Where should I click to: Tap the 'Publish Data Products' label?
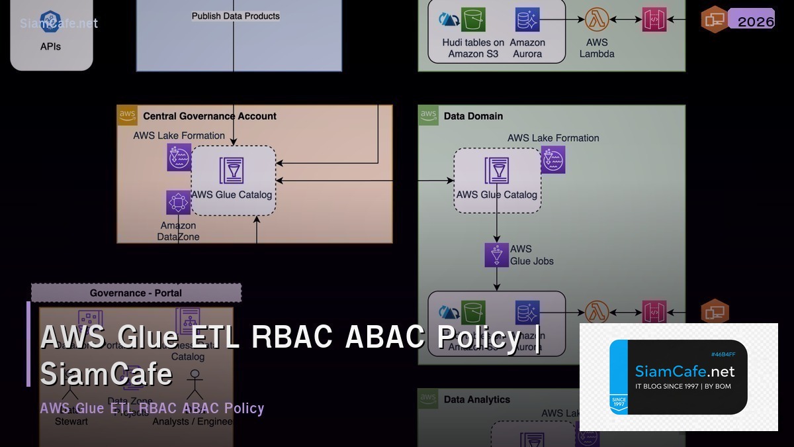(236, 16)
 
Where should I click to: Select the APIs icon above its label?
(50, 21)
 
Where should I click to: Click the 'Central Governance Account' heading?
(210, 116)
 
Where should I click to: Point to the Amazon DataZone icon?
(178, 202)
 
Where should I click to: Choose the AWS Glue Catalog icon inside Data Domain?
(496, 171)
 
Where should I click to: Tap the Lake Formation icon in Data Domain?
(552, 160)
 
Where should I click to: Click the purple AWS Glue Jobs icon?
(496, 255)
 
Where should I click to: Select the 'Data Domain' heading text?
(473, 116)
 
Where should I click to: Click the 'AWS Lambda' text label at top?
(597, 48)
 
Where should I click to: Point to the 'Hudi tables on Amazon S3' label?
(473, 48)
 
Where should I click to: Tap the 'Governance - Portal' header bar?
(136, 293)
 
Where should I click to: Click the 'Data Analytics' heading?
(476, 399)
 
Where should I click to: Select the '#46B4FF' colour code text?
(723, 354)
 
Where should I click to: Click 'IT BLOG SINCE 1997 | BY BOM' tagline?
(683, 386)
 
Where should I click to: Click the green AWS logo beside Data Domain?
(429, 115)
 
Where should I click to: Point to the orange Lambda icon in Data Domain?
(597, 311)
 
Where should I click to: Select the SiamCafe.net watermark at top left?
(59, 23)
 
